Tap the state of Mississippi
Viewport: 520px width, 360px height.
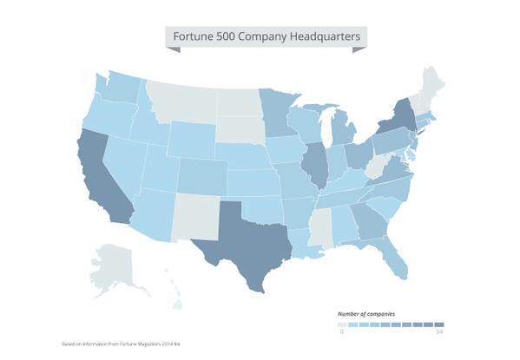click(x=320, y=230)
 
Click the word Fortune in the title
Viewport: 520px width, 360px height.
click(x=194, y=37)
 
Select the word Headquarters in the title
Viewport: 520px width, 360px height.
click(x=326, y=37)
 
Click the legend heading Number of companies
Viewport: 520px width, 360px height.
click(x=366, y=312)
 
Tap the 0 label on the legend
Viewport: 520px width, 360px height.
click(x=341, y=331)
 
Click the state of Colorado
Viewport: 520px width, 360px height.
click(x=201, y=174)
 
